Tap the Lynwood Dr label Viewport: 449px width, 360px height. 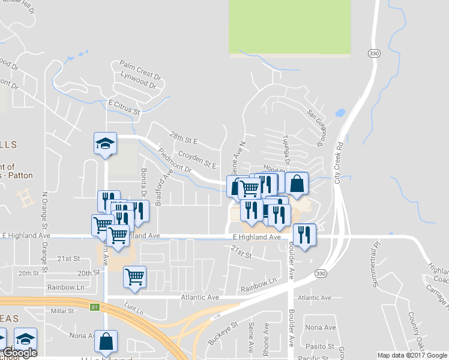click(138, 81)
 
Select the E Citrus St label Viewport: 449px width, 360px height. click(124, 107)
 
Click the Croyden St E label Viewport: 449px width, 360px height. click(197, 160)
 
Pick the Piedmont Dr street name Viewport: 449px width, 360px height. click(175, 160)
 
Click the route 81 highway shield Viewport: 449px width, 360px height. click(94, 308)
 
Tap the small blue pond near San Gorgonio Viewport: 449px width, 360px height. click(340, 112)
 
